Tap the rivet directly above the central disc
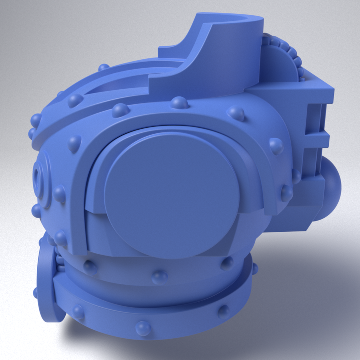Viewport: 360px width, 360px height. (180, 103)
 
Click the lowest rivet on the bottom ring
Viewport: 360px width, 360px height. (144, 328)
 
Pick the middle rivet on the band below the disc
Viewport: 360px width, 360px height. (160, 276)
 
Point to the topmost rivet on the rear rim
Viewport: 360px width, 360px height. (103, 67)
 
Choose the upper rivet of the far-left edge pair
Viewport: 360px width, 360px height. (36, 120)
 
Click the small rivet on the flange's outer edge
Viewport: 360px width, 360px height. (35, 292)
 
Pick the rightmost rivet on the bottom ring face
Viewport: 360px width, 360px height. (223, 311)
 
